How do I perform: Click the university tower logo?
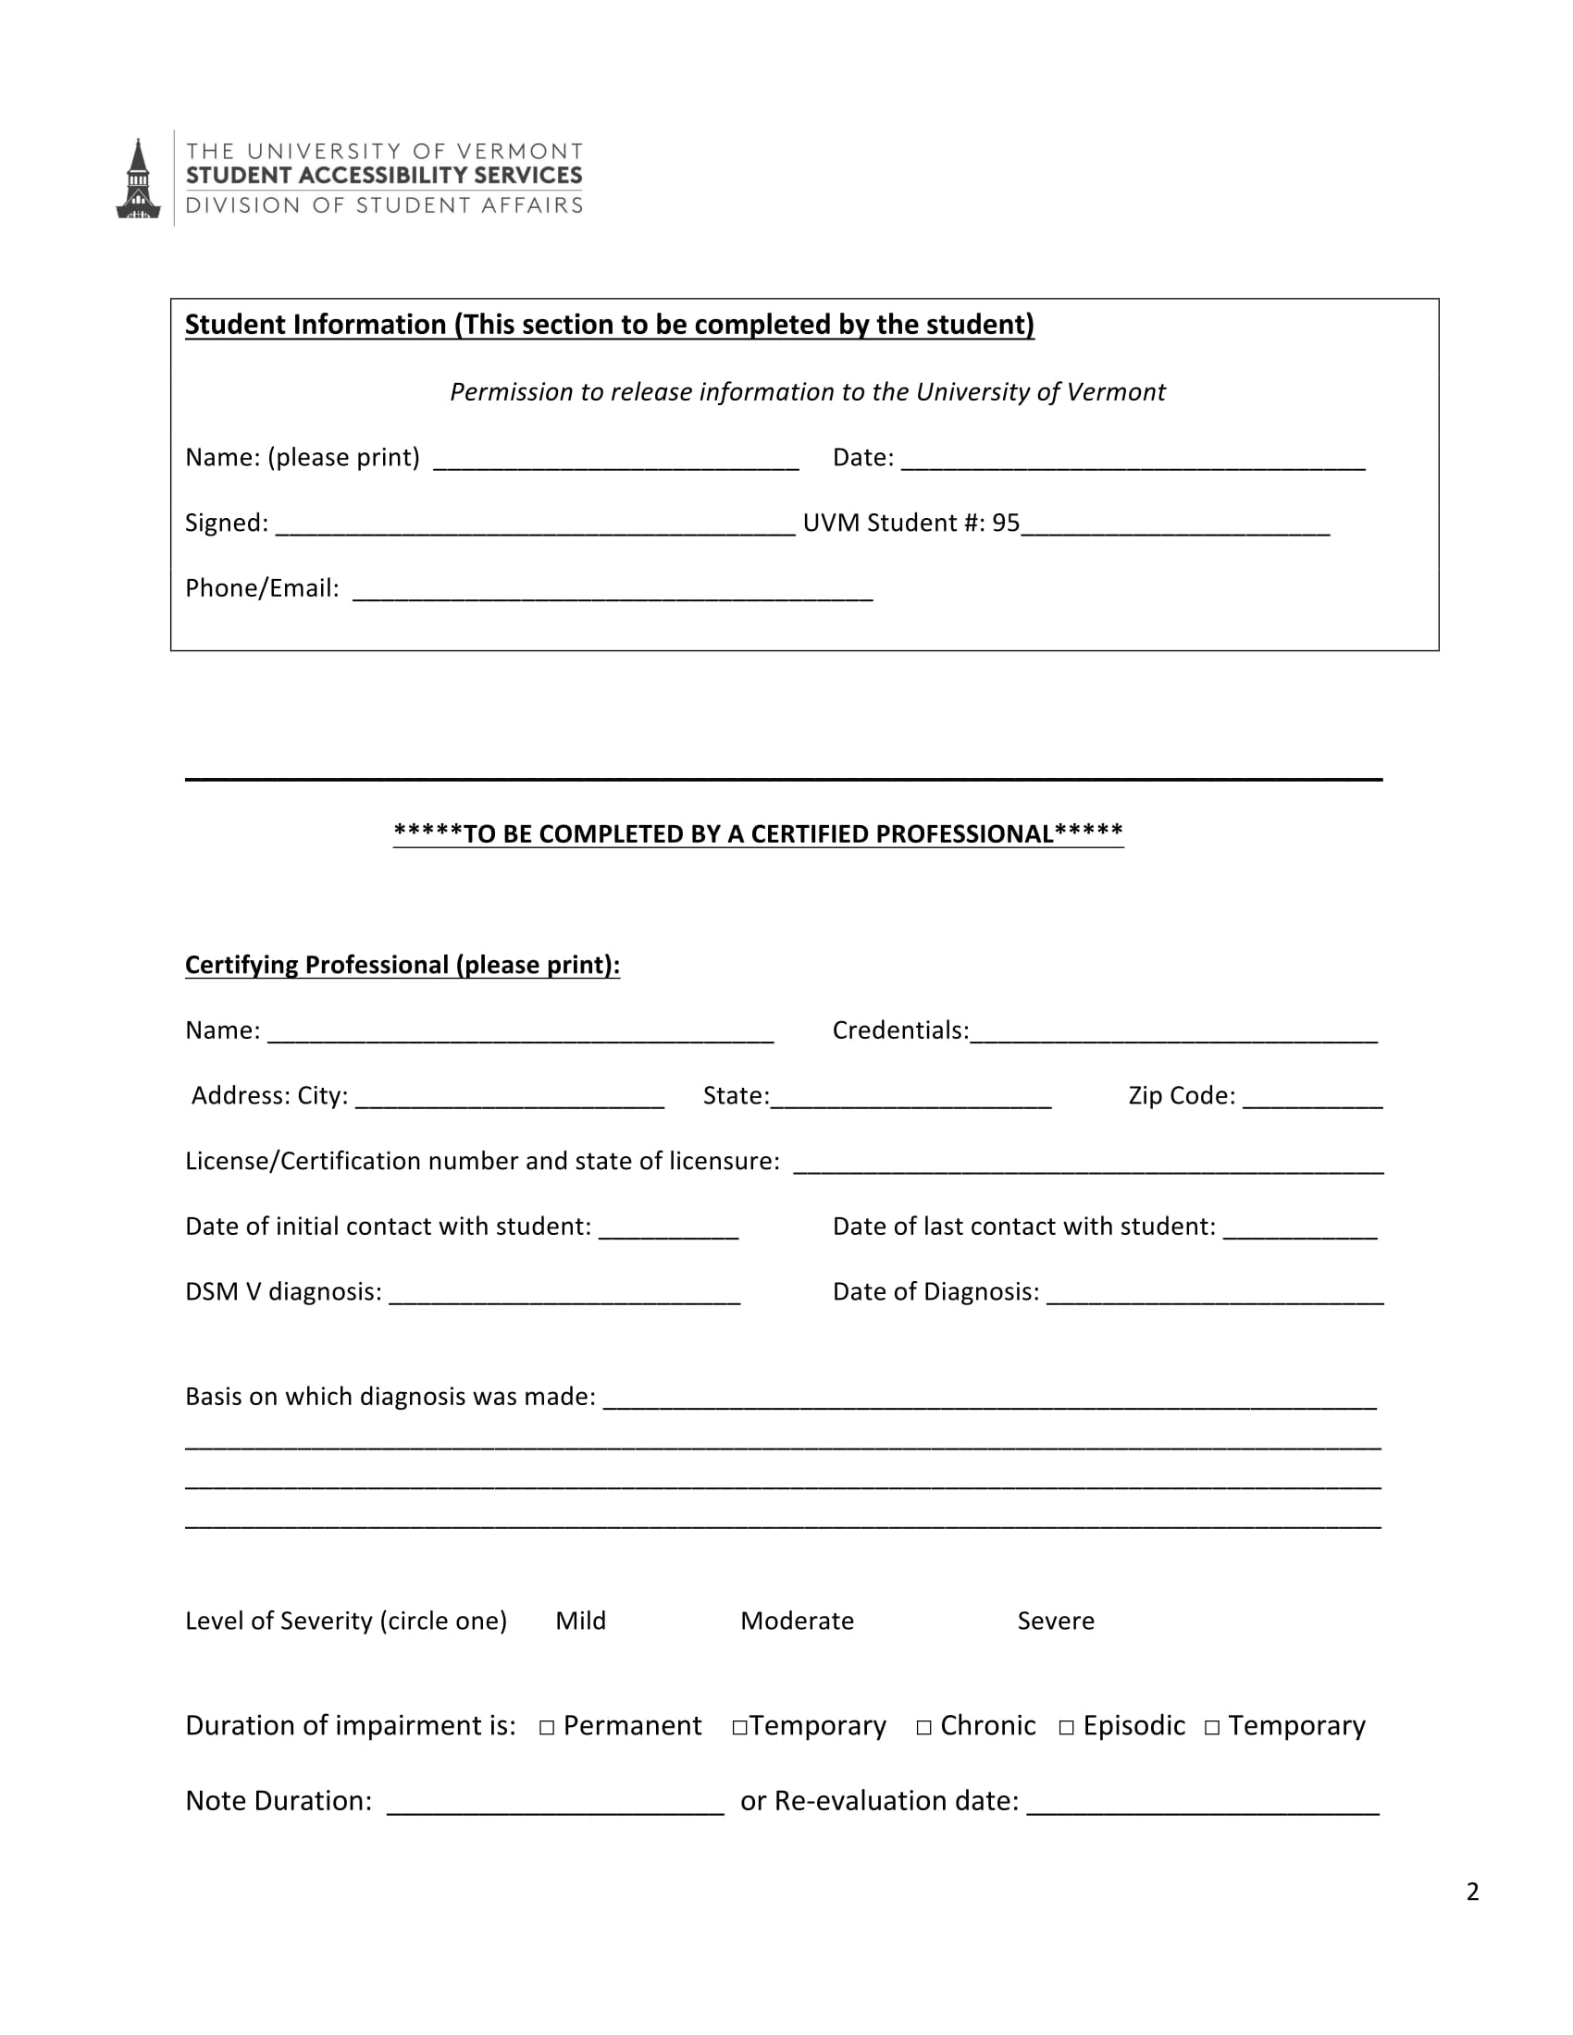[138, 179]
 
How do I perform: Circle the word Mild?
[580, 1622]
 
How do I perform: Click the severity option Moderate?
[797, 1622]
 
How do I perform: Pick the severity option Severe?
[1056, 1622]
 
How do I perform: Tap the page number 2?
[1472, 1892]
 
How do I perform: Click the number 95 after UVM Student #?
[1006, 524]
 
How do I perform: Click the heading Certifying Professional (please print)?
[403, 966]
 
